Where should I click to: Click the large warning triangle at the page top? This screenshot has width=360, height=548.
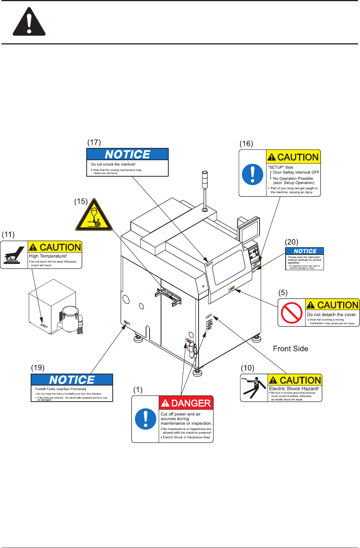pyautogui.click(x=29, y=23)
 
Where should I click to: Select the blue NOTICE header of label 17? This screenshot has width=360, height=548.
pyautogui.click(x=128, y=154)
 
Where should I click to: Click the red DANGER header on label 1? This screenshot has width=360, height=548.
pyautogui.click(x=186, y=403)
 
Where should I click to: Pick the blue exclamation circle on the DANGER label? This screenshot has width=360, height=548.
pyautogui.click(x=146, y=419)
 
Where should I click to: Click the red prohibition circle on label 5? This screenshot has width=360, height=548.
pyautogui.click(x=292, y=313)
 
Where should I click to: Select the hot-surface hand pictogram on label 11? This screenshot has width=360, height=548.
pyautogui.click(x=14, y=255)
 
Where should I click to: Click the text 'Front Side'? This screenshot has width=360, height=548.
pyautogui.click(x=290, y=349)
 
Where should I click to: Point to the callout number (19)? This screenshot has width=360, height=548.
pyautogui.click(x=38, y=368)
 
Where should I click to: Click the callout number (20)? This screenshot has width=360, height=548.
pyautogui.click(x=291, y=242)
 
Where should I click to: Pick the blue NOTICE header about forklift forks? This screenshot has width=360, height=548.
pyautogui.click(x=72, y=380)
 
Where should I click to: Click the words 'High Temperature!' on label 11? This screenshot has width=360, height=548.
pyautogui.click(x=48, y=256)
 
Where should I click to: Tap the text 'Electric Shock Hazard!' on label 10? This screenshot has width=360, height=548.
pyautogui.click(x=294, y=389)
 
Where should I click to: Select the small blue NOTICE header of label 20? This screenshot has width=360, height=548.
pyautogui.click(x=305, y=251)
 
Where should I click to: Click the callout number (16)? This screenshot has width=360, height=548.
pyautogui.click(x=246, y=144)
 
